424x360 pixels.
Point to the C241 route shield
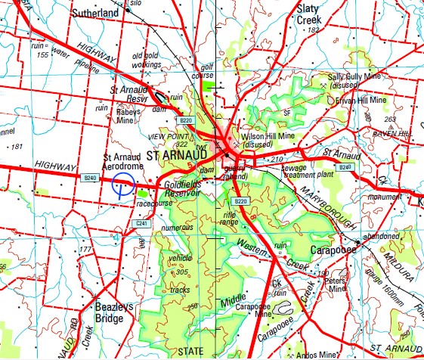coord(141,224)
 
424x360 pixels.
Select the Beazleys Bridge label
coord(109,313)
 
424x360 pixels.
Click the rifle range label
coord(227,219)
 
